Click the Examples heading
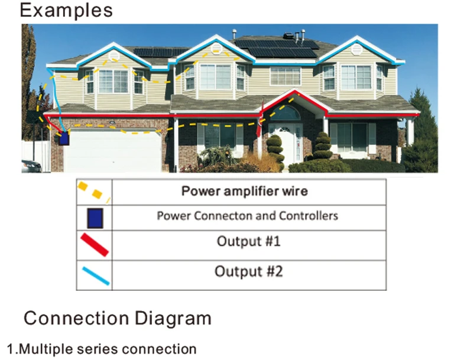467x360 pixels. coord(66,10)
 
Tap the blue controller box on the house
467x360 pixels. coord(64,138)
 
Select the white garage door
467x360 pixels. coord(112,152)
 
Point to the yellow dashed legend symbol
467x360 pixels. coord(93,192)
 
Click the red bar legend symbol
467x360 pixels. coord(94,244)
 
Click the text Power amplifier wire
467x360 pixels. coord(244,191)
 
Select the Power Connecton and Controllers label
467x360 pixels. coord(247,215)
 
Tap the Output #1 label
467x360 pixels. coord(248,241)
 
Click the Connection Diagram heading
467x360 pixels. coord(117,318)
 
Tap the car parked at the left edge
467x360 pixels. coord(30,166)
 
